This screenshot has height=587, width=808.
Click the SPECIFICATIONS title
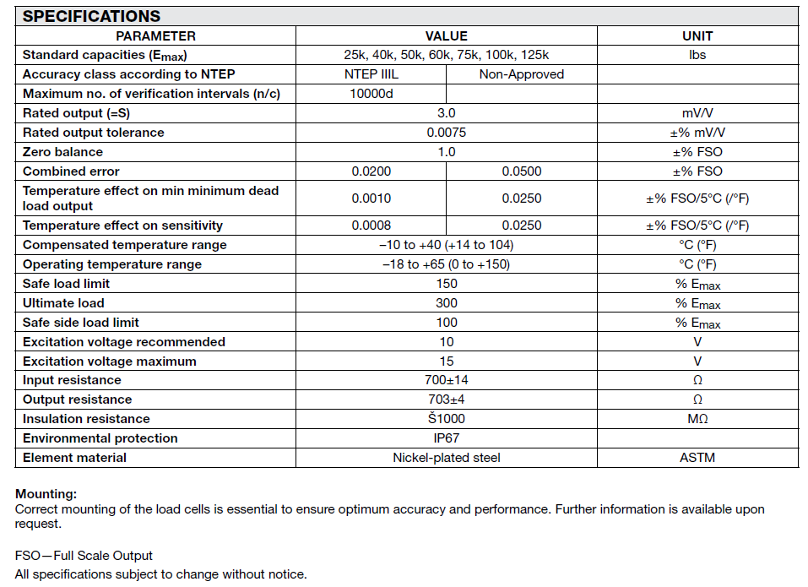point(91,16)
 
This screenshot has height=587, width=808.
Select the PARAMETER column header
point(155,35)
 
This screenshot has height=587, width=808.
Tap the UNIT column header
point(697,35)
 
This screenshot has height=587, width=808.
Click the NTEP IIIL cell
point(371,73)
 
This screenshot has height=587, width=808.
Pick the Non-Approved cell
point(521,73)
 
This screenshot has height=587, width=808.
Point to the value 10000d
point(371,93)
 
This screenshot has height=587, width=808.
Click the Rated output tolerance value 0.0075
point(446,133)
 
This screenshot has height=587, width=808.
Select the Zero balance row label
point(62,152)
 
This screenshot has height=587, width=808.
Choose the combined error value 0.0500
point(521,171)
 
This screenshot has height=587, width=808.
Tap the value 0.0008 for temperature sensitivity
point(371,226)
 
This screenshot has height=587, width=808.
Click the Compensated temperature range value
point(446,245)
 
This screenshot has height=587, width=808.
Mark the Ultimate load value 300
point(446,303)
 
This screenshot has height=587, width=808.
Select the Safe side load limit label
point(81,323)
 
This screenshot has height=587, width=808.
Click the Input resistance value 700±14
point(446,380)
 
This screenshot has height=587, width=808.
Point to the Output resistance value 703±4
point(446,399)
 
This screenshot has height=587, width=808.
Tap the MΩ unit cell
point(697,419)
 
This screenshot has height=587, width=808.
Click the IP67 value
point(446,438)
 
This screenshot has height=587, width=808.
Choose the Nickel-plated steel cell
point(446,458)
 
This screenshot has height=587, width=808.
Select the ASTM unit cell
point(697,458)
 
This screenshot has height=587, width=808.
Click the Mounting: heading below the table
point(46,493)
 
